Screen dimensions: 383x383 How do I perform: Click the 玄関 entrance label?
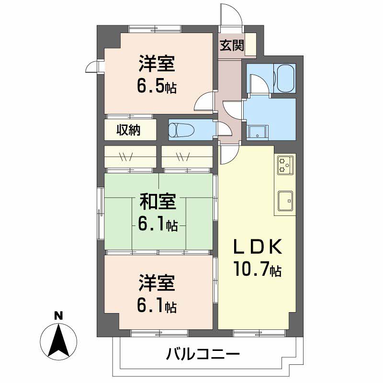(232, 45)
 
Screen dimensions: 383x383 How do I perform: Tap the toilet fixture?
(181, 129)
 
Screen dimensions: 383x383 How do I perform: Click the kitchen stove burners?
(285, 165)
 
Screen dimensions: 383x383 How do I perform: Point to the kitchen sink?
(285, 201)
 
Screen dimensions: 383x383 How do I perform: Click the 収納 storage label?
(128, 130)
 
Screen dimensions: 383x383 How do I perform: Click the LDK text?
(258, 247)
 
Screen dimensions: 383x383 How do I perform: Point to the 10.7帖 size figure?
(258, 269)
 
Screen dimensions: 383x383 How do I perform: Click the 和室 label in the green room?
(158, 202)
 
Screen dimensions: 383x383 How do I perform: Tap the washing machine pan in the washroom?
(258, 132)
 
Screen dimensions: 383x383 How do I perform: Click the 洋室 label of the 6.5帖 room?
(157, 64)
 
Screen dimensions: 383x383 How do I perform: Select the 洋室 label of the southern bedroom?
(157, 283)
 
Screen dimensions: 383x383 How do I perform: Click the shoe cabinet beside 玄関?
(251, 45)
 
